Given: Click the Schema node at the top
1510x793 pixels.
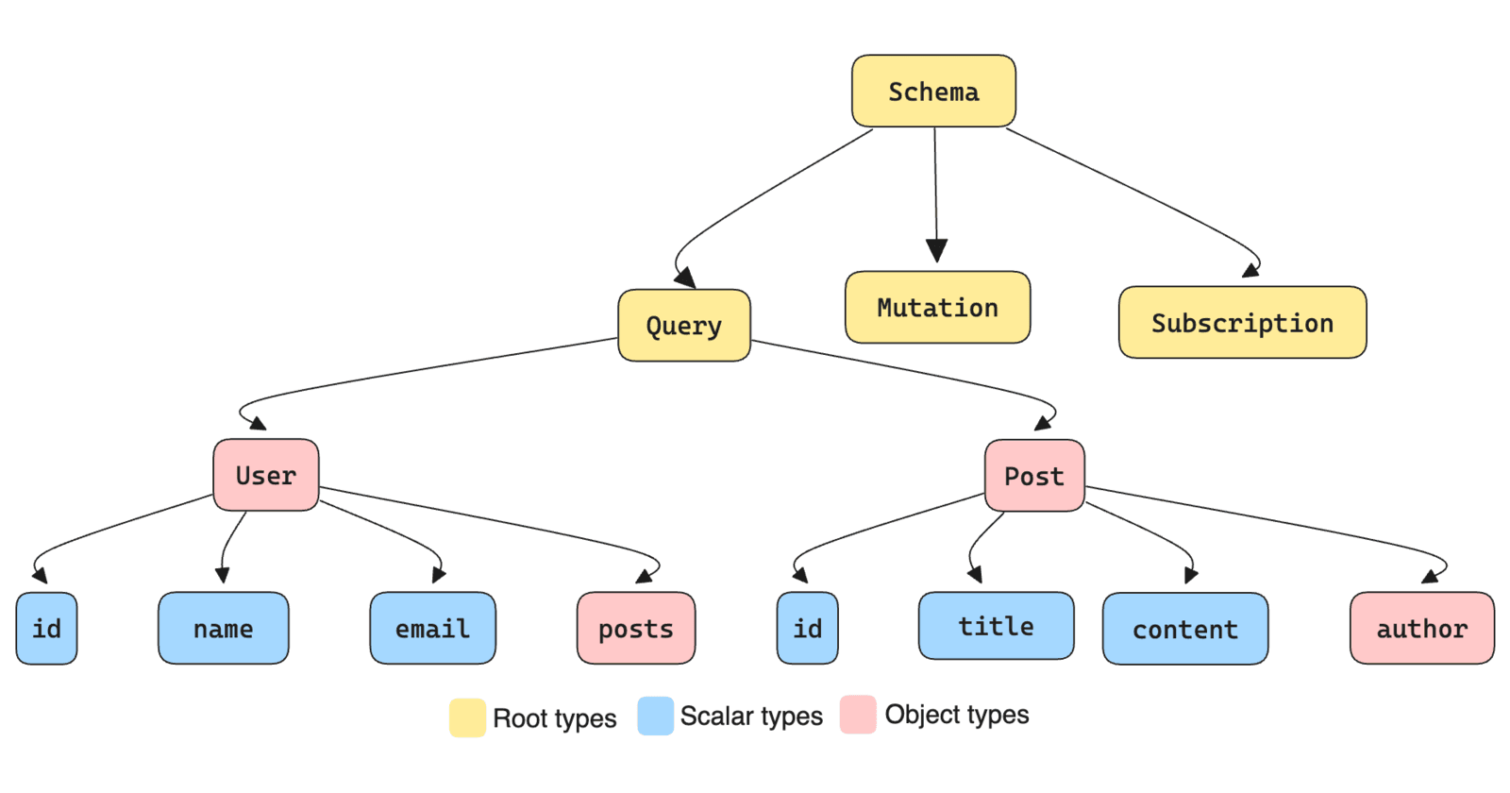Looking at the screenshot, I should click(933, 92).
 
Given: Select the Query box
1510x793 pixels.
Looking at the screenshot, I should click(684, 326).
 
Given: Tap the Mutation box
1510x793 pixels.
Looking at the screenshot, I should click(937, 308).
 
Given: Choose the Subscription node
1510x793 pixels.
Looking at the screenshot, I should click(1242, 323).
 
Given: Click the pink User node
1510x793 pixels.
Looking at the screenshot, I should click(266, 475).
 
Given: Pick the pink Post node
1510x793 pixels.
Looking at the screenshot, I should click(1034, 476).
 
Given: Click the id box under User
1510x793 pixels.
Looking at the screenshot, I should click(46, 629).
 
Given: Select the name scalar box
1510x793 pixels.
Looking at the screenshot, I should click(224, 629).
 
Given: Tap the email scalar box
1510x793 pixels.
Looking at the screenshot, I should click(432, 629).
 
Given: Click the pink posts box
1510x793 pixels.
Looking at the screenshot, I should click(636, 629).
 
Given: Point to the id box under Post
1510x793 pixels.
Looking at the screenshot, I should click(807, 629).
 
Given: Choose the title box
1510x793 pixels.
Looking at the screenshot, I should click(996, 626).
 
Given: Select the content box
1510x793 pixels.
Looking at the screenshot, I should click(1185, 630).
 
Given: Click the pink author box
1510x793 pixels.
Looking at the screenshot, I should click(1422, 629).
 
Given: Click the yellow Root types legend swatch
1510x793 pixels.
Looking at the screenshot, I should click(467, 717).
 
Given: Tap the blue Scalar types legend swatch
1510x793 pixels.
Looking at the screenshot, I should click(655, 716).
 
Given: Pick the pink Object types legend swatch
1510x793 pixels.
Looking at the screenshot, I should click(858, 715).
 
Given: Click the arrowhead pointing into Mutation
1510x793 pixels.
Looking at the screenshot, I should click(936, 251).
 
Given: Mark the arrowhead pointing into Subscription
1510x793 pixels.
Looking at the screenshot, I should click(1250, 271).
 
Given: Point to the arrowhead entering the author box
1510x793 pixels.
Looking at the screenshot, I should click(1431, 576).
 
